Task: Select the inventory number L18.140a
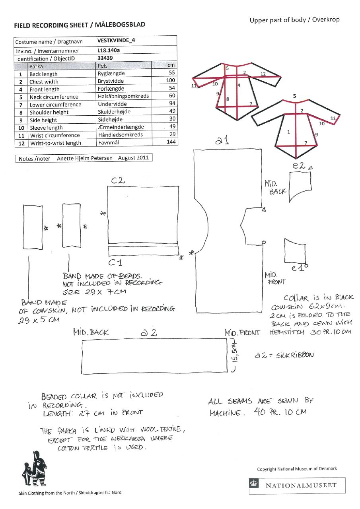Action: pos(108,51)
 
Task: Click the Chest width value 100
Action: pos(170,81)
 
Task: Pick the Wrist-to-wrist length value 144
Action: pos(171,142)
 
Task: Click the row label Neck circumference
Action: pos(54,97)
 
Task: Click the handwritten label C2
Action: pos(118,181)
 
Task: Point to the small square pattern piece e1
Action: pos(295,251)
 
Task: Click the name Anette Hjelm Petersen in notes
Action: pos(86,158)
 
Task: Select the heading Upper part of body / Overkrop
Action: pos(294,20)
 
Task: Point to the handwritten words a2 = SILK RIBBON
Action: pos(284,355)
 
